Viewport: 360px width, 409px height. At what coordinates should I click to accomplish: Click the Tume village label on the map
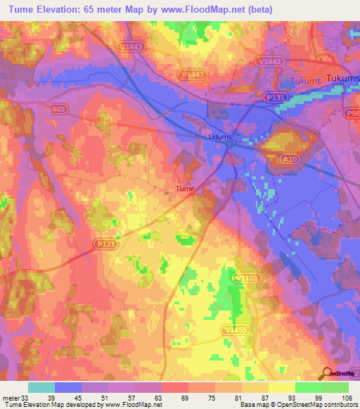[x=184, y=188]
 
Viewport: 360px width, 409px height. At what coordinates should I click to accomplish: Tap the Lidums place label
[x=220, y=136]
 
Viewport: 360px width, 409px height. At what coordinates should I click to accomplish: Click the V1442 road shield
[x=285, y=61]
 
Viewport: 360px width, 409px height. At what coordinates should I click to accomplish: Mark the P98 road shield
[x=352, y=112]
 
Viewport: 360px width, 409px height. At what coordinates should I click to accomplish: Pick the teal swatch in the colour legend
[x=41, y=387]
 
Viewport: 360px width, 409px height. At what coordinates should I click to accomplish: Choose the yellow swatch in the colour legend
[x=282, y=387]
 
